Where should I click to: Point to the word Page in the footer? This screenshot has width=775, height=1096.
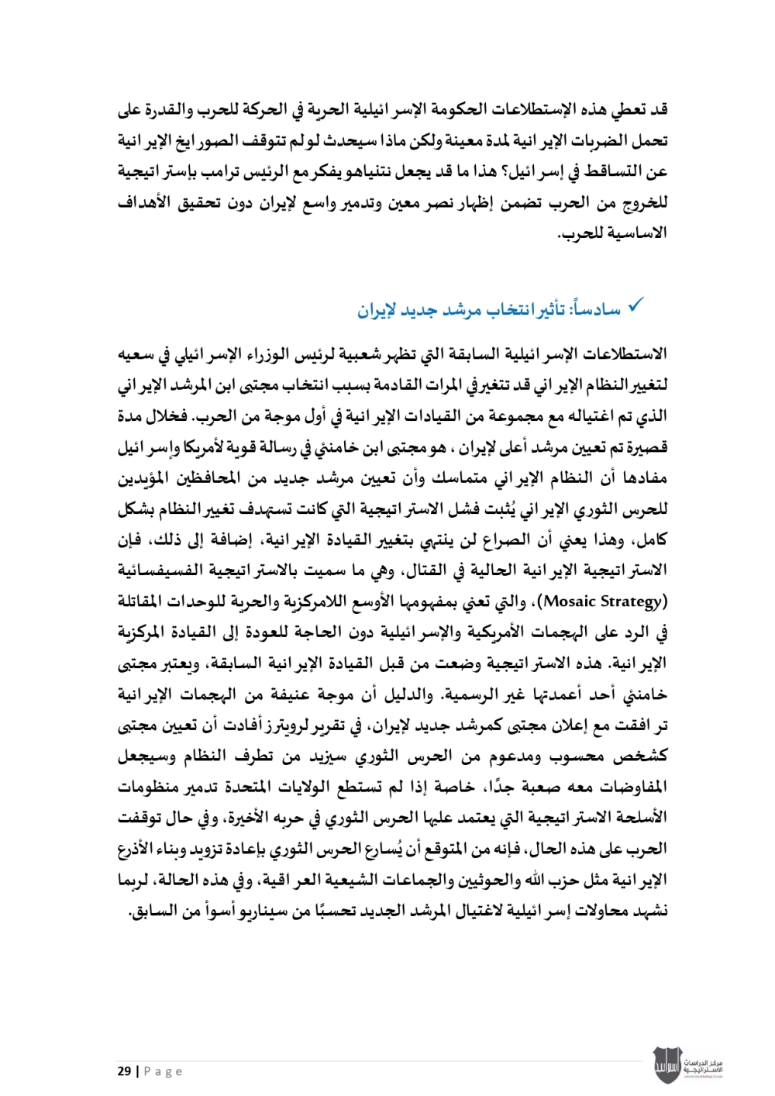point(163,1071)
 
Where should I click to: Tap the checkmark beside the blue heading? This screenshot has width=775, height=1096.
point(635,306)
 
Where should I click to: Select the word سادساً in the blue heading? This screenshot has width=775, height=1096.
point(596,310)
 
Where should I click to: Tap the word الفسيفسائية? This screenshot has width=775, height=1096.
point(160,570)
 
